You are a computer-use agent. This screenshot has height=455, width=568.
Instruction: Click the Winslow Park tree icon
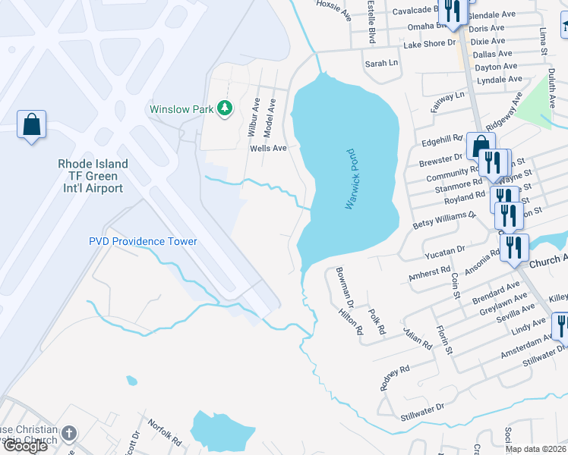click(224, 109)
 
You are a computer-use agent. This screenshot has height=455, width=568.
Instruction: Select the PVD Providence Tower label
click(143, 241)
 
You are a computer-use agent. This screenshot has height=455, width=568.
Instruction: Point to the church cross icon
click(69, 435)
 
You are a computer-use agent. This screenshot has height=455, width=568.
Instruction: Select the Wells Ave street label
click(269, 149)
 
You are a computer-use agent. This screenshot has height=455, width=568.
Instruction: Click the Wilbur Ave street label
click(253, 116)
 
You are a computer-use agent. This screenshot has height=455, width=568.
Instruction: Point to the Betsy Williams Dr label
click(444, 220)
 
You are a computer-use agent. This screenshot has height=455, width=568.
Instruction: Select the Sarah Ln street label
click(382, 64)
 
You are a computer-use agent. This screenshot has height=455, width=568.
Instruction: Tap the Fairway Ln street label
click(448, 102)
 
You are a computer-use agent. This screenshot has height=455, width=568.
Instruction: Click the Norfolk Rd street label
click(165, 432)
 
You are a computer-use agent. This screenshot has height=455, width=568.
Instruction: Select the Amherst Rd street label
click(430, 268)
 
